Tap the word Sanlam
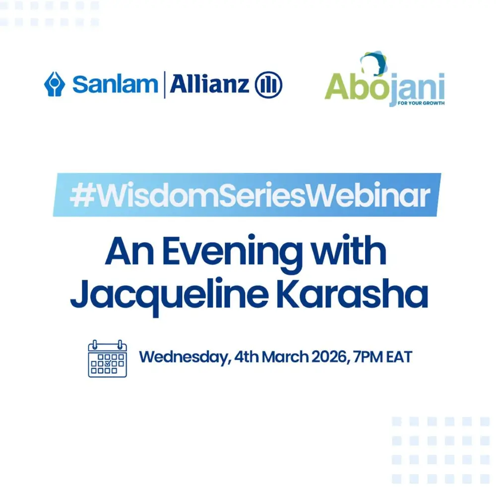click(x=115, y=84)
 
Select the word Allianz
click(x=209, y=84)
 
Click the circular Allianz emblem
click(x=268, y=84)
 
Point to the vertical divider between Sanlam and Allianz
click(x=164, y=84)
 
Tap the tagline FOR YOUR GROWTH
click(x=421, y=104)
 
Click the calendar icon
click(x=108, y=358)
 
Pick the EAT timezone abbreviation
click(x=401, y=357)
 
